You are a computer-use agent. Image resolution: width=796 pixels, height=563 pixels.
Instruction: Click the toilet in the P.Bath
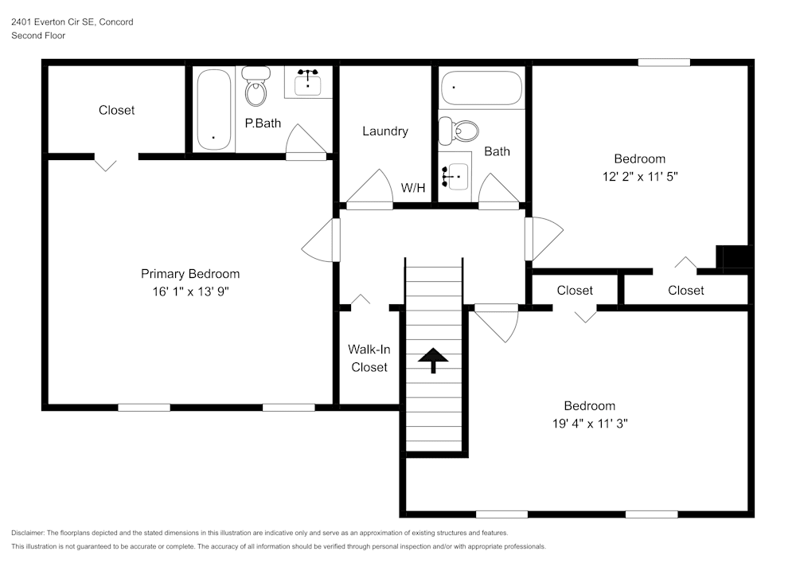(256, 86)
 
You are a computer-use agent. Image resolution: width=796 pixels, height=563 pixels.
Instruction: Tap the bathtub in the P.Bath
(213, 109)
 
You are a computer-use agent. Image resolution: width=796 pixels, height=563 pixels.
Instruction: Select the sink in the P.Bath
(307, 82)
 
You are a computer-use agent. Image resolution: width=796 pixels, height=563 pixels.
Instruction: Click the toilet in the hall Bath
(458, 131)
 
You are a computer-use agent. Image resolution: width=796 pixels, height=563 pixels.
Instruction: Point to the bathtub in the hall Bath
(482, 88)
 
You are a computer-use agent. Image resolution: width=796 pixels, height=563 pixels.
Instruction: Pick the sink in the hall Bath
(455, 176)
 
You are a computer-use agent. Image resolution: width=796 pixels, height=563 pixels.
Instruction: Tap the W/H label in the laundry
(413, 188)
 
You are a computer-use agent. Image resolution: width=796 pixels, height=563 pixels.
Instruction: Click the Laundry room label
(385, 131)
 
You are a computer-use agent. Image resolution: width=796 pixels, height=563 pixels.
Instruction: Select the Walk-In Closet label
(369, 358)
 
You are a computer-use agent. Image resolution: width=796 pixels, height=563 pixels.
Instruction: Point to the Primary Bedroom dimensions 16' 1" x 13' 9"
(191, 291)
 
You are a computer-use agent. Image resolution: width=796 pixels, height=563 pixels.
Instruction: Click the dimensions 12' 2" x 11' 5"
(640, 176)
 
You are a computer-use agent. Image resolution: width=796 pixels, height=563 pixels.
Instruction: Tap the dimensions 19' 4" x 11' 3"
(590, 424)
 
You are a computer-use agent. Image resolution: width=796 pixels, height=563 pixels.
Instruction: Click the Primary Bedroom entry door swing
(321, 240)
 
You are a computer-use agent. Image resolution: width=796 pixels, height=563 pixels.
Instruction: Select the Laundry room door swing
(369, 189)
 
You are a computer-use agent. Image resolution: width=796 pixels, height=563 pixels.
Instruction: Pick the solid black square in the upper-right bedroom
(734, 256)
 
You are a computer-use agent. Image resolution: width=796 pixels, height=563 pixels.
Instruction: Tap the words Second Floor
(38, 36)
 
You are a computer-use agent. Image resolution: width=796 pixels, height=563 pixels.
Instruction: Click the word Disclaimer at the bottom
(28, 533)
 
